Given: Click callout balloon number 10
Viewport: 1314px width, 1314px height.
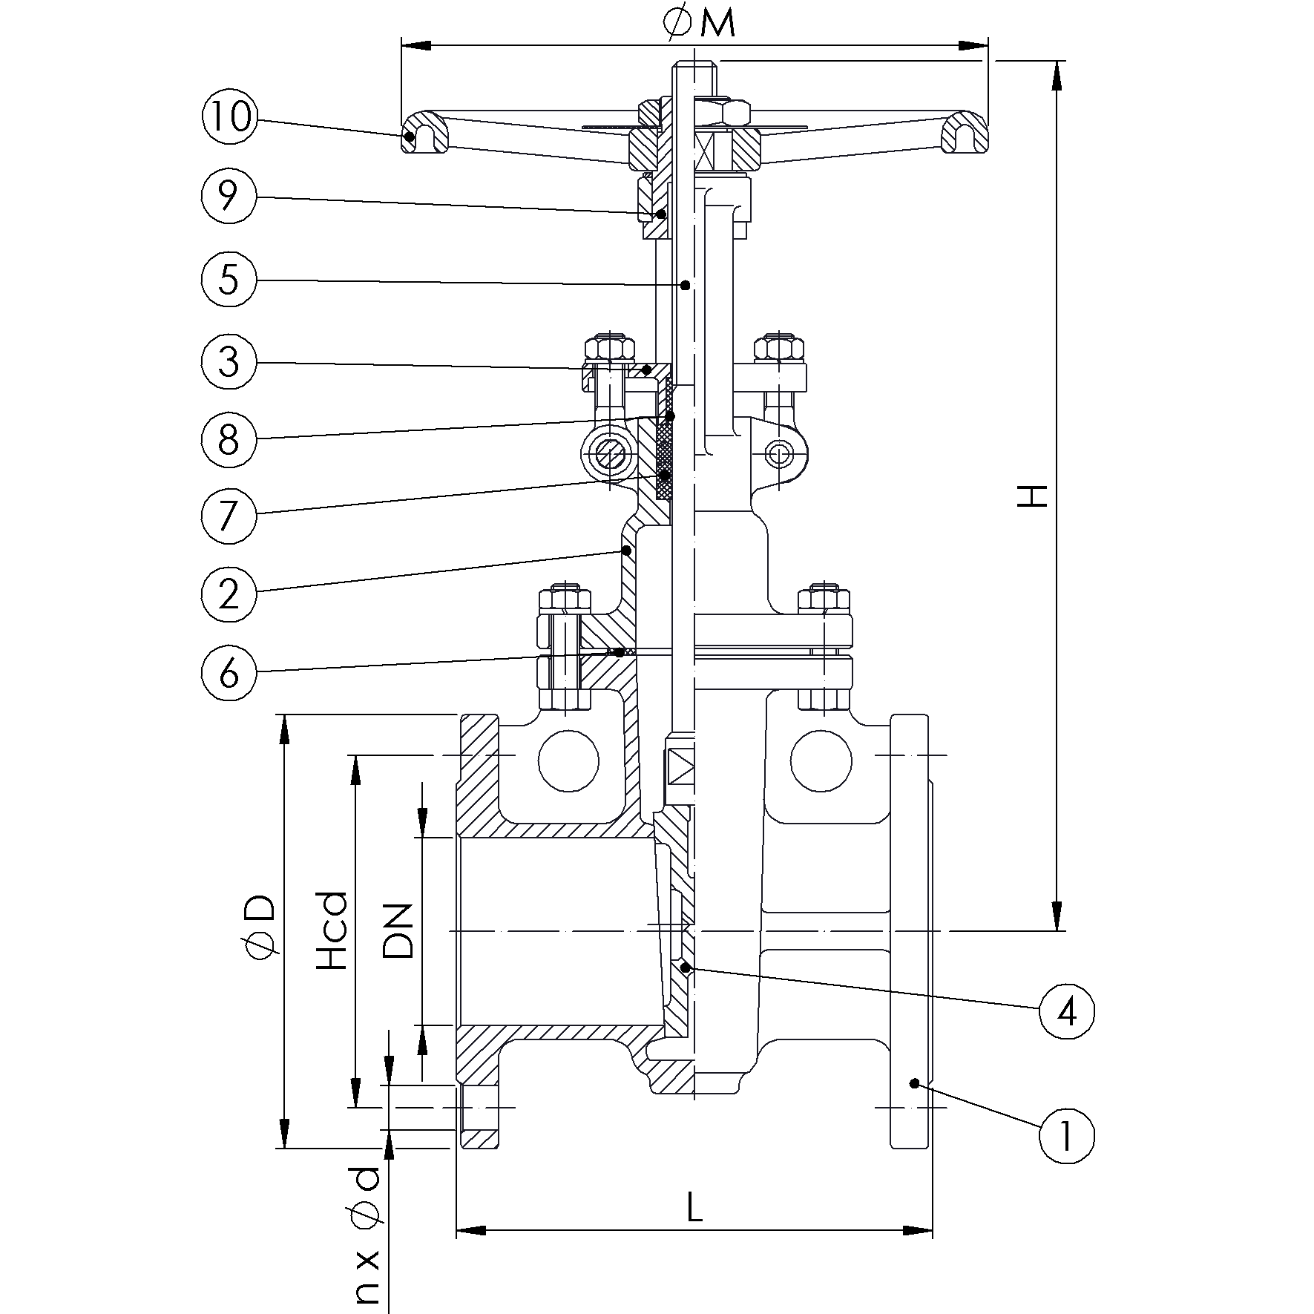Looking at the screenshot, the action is click(229, 117).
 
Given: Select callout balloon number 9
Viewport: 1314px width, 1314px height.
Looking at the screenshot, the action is click(229, 196).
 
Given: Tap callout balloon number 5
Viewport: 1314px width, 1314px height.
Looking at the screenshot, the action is click(229, 279).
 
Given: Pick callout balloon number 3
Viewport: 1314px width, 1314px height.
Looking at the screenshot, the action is click(229, 361).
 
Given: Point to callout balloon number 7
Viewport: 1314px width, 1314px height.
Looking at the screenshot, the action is click(229, 514).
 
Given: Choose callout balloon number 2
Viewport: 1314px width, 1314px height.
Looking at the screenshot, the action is click(229, 593).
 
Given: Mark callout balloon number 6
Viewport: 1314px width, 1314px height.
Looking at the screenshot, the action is click(229, 672).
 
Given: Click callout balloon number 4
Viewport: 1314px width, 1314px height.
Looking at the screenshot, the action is click(1066, 1011).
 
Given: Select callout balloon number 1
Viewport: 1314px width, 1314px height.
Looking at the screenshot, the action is click(1066, 1135).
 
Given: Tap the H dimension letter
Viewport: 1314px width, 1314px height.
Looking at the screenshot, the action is click(1032, 496).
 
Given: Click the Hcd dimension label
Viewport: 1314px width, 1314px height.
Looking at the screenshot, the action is click(332, 930).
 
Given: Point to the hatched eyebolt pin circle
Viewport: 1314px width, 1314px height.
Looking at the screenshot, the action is click(608, 456).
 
